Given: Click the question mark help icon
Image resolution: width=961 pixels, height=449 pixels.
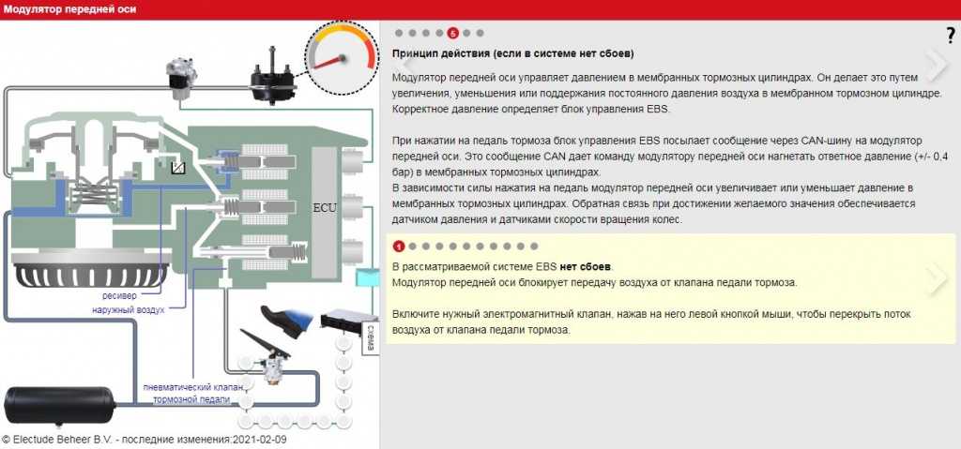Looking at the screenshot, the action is (x=950, y=37).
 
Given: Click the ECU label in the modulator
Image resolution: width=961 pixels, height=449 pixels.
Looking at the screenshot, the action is (x=324, y=208).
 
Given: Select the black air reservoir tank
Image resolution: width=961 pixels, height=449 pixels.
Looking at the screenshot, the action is (x=59, y=406).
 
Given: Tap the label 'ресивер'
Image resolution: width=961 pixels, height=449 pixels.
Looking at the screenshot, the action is (x=119, y=296).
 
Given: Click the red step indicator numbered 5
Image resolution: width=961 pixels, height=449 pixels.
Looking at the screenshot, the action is (x=453, y=33).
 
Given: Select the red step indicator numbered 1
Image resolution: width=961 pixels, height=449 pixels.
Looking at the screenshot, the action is (x=398, y=247).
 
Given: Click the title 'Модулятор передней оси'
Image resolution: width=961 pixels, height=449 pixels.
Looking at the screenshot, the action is (x=70, y=9).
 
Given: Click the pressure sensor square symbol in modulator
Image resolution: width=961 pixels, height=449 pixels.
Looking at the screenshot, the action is (x=180, y=165).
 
